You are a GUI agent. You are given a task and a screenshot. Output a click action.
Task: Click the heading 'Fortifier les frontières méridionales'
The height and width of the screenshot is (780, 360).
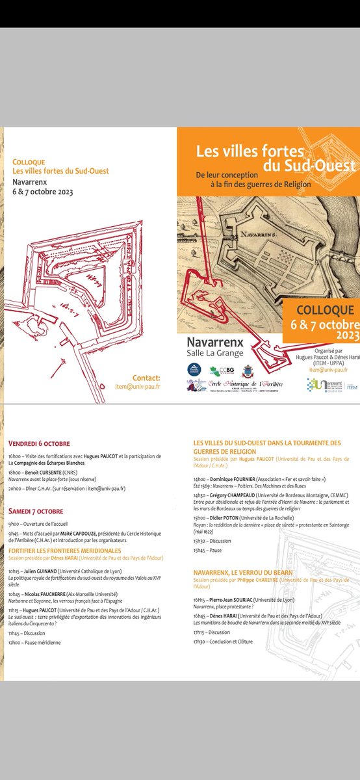coord(65,551)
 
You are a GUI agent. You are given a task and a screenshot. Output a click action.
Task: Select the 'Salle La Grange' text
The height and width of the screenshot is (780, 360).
coord(215,352)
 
